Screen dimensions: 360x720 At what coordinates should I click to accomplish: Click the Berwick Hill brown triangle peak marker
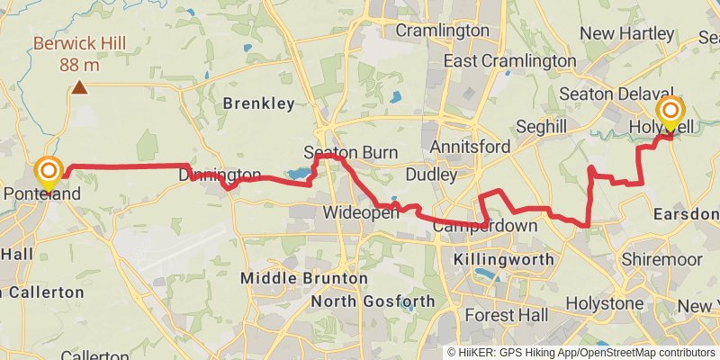pos(80,87)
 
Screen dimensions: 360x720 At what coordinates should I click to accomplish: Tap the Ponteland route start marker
pos(48,171)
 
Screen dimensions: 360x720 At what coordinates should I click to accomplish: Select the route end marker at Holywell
pos(670,113)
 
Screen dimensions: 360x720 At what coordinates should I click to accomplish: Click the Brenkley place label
pos(259,103)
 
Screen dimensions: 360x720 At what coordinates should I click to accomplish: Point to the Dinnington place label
pos(220,175)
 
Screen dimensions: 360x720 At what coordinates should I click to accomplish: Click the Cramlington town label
pos(442,31)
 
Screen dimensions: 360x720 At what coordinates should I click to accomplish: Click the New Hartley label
pos(624,33)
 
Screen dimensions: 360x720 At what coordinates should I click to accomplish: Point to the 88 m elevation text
pos(80,65)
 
